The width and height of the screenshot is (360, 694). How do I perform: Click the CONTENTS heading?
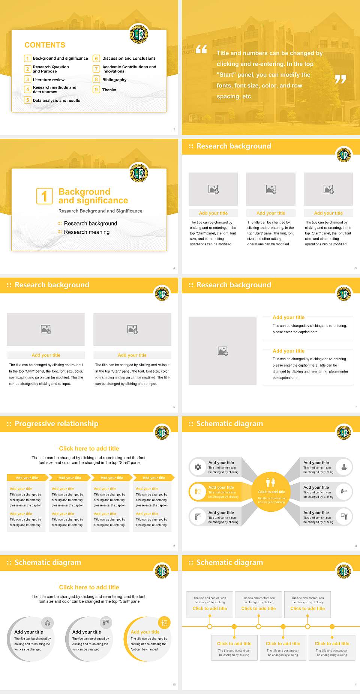45,45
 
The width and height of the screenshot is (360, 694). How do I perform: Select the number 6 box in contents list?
96,59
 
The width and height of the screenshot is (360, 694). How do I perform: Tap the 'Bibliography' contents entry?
114,80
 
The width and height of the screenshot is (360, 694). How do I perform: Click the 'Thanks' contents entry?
109,90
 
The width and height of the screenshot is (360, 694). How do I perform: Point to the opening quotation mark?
201,49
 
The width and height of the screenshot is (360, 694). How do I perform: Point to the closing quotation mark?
340,79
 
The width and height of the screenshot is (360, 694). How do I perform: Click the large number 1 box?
44,196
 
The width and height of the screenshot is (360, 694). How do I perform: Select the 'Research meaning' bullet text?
87,232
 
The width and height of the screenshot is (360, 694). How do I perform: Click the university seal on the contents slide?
139,35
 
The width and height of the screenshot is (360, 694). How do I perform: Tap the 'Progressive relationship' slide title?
56,424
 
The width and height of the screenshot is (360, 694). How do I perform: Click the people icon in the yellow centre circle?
270,482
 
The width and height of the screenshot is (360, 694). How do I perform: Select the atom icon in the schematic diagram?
198,467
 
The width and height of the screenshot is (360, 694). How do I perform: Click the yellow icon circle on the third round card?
164,623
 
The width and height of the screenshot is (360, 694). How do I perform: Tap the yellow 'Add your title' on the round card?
145,632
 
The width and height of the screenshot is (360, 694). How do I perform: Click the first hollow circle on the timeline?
210,626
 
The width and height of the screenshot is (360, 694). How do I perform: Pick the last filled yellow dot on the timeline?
332,626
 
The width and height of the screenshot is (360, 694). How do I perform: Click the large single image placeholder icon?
223,351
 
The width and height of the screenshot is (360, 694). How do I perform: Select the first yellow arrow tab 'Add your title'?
27,478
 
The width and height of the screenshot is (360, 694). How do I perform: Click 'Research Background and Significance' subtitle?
100,211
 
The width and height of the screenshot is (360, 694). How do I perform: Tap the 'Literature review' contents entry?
48,80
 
